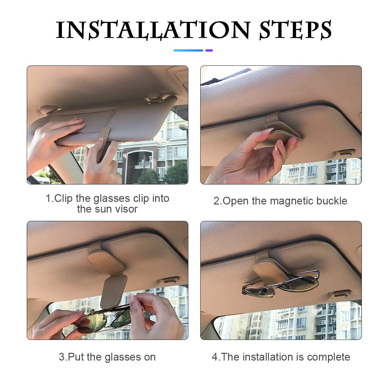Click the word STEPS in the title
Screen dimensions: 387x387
click(x=295, y=30)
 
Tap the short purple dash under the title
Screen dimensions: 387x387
click(x=209, y=50)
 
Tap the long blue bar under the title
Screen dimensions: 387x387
click(x=188, y=50)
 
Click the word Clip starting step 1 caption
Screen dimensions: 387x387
click(x=63, y=198)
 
